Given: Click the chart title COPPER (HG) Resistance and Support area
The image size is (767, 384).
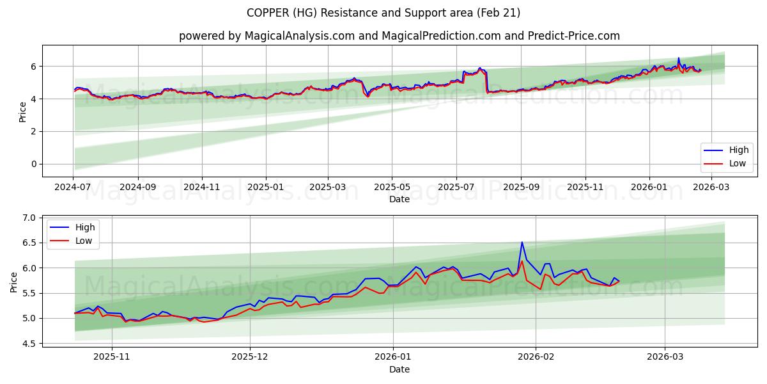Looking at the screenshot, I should (x=383, y=13).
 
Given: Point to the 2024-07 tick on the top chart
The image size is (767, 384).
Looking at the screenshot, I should (x=74, y=188).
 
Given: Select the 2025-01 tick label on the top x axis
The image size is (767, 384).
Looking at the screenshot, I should (x=265, y=188).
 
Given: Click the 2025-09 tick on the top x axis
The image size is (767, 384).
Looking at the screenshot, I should (x=521, y=188).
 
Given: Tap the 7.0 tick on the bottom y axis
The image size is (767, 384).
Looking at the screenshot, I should (x=29, y=218).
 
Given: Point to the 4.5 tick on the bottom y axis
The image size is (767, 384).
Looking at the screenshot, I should (x=29, y=344).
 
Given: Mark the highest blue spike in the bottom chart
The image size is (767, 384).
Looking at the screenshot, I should (x=522, y=242).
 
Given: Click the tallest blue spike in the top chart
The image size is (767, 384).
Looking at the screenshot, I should (x=679, y=58).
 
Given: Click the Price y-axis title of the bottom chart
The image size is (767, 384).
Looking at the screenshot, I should (x=13, y=282).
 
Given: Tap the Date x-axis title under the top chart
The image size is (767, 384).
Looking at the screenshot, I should (x=399, y=199).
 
